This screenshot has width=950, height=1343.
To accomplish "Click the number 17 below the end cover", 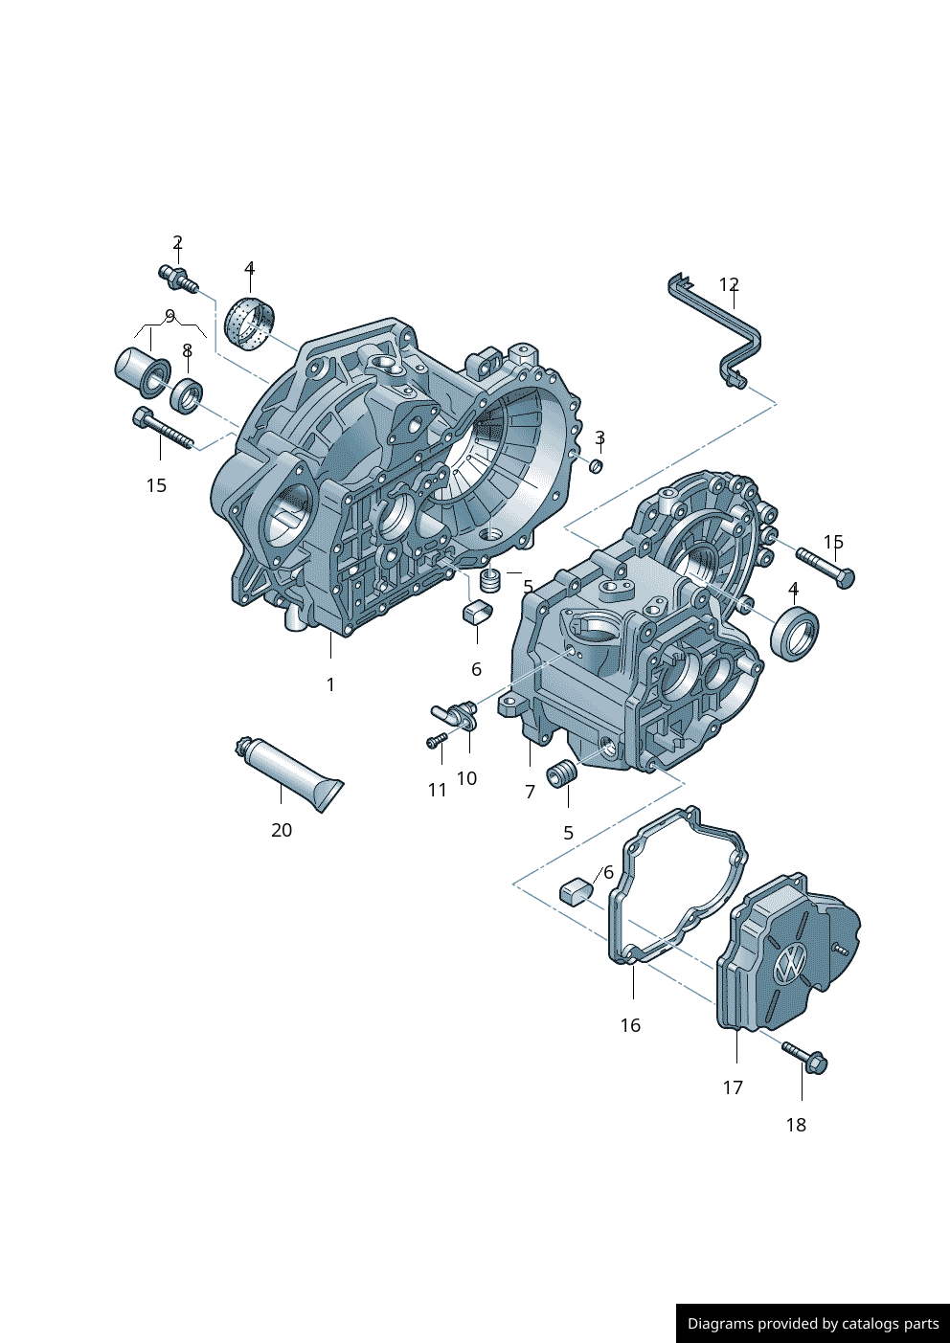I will (x=733, y=1087).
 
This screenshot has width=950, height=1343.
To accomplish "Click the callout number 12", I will (x=729, y=284).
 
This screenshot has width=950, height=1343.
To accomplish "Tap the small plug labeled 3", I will (x=595, y=465).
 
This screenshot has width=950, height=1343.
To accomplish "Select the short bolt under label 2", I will (x=177, y=278).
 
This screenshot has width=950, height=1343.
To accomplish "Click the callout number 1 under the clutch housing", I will (x=330, y=684).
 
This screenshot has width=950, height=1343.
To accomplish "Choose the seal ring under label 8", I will (x=187, y=393).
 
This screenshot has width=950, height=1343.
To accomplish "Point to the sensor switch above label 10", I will (x=457, y=713).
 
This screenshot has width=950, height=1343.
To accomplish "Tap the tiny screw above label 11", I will (x=436, y=741).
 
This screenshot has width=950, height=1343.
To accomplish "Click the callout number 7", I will (x=530, y=792).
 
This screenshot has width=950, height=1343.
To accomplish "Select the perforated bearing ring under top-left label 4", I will (x=251, y=325).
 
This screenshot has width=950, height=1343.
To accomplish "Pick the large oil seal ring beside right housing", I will (x=795, y=633).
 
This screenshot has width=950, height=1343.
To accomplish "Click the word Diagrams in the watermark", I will (x=720, y=1324).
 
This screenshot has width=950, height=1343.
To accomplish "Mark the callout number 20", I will (x=282, y=830).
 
